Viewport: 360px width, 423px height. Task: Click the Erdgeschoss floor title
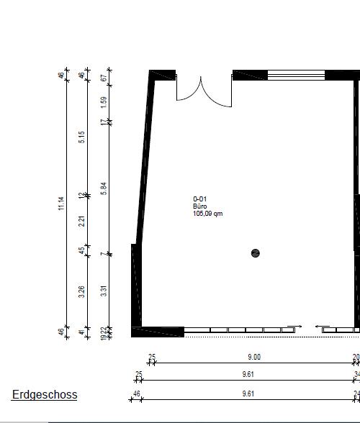pyautogui.click(x=44, y=394)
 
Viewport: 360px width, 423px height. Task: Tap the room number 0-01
pyautogui.click(x=200, y=199)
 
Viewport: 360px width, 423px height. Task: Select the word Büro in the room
pyautogui.click(x=199, y=206)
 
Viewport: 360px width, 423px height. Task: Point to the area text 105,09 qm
pyautogui.click(x=207, y=214)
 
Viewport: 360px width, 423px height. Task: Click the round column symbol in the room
pyautogui.click(x=255, y=253)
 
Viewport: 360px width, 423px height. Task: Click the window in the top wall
pyautogui.click(x=296, y=74)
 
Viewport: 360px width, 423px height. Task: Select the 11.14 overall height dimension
pyautogui.click(x=61, y=204)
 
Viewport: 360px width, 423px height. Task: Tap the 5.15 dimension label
pyautogui.click(x=82, y=136)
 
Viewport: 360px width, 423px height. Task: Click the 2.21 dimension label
pyautogui.click(x=82, y=222)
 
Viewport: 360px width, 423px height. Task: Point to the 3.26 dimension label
pyautogui.click(x=82, y=291)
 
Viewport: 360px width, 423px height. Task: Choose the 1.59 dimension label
pyautogui.click(x=104, y=102)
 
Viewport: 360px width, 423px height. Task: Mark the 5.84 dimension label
pyautogui.click(x=104, y=188)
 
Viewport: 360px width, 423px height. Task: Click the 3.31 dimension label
pyautogui.click(x=104, y=291)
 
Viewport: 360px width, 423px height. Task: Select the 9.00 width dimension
pyautogui.click(x=254, y=357)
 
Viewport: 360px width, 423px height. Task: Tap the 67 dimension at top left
pyautogui.click(x=104, y=77)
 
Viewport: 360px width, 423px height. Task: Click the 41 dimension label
pyautogui.click(x=82, y=332)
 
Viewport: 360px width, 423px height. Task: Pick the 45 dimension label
pyautogui.click(x=82, y=251)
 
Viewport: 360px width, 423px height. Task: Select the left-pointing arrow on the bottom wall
pyautogui.click(x=320, y=326)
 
